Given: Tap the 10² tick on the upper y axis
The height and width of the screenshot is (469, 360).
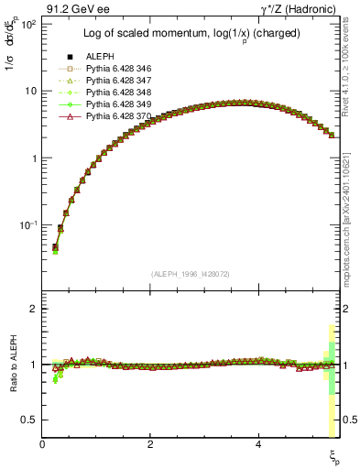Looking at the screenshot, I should tap(27, 24).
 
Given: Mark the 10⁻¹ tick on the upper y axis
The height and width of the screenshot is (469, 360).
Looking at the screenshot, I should tap(27, 225).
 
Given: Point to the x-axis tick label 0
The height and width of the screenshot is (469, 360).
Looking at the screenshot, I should tap(43, 444).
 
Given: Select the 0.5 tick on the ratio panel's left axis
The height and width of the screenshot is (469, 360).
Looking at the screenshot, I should tap(29, 420).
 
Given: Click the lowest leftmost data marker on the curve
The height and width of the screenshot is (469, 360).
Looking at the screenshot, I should tap(55, 248).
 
